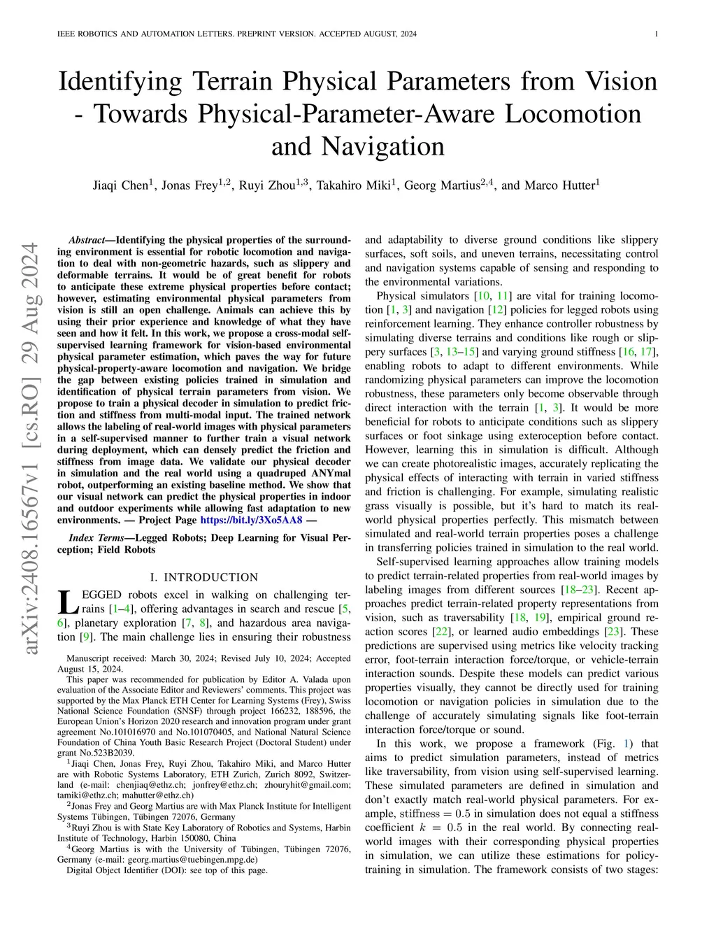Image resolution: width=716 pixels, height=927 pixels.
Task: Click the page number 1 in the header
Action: (x=657, y=34)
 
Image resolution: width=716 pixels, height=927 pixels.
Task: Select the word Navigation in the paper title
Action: (x=383, y=146)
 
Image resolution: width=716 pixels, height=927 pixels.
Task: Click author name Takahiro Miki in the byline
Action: (x=356, y=185)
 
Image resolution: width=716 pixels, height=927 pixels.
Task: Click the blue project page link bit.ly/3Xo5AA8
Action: (x=251, y=520)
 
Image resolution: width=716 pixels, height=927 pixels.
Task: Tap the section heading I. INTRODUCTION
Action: (x=204, y=577)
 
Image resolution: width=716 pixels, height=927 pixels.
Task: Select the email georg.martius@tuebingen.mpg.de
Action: (x=196, y=859)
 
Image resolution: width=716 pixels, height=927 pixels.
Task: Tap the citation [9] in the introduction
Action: (x=86, y=637)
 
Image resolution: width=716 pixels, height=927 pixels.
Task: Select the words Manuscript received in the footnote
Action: (x=106, y=658)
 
